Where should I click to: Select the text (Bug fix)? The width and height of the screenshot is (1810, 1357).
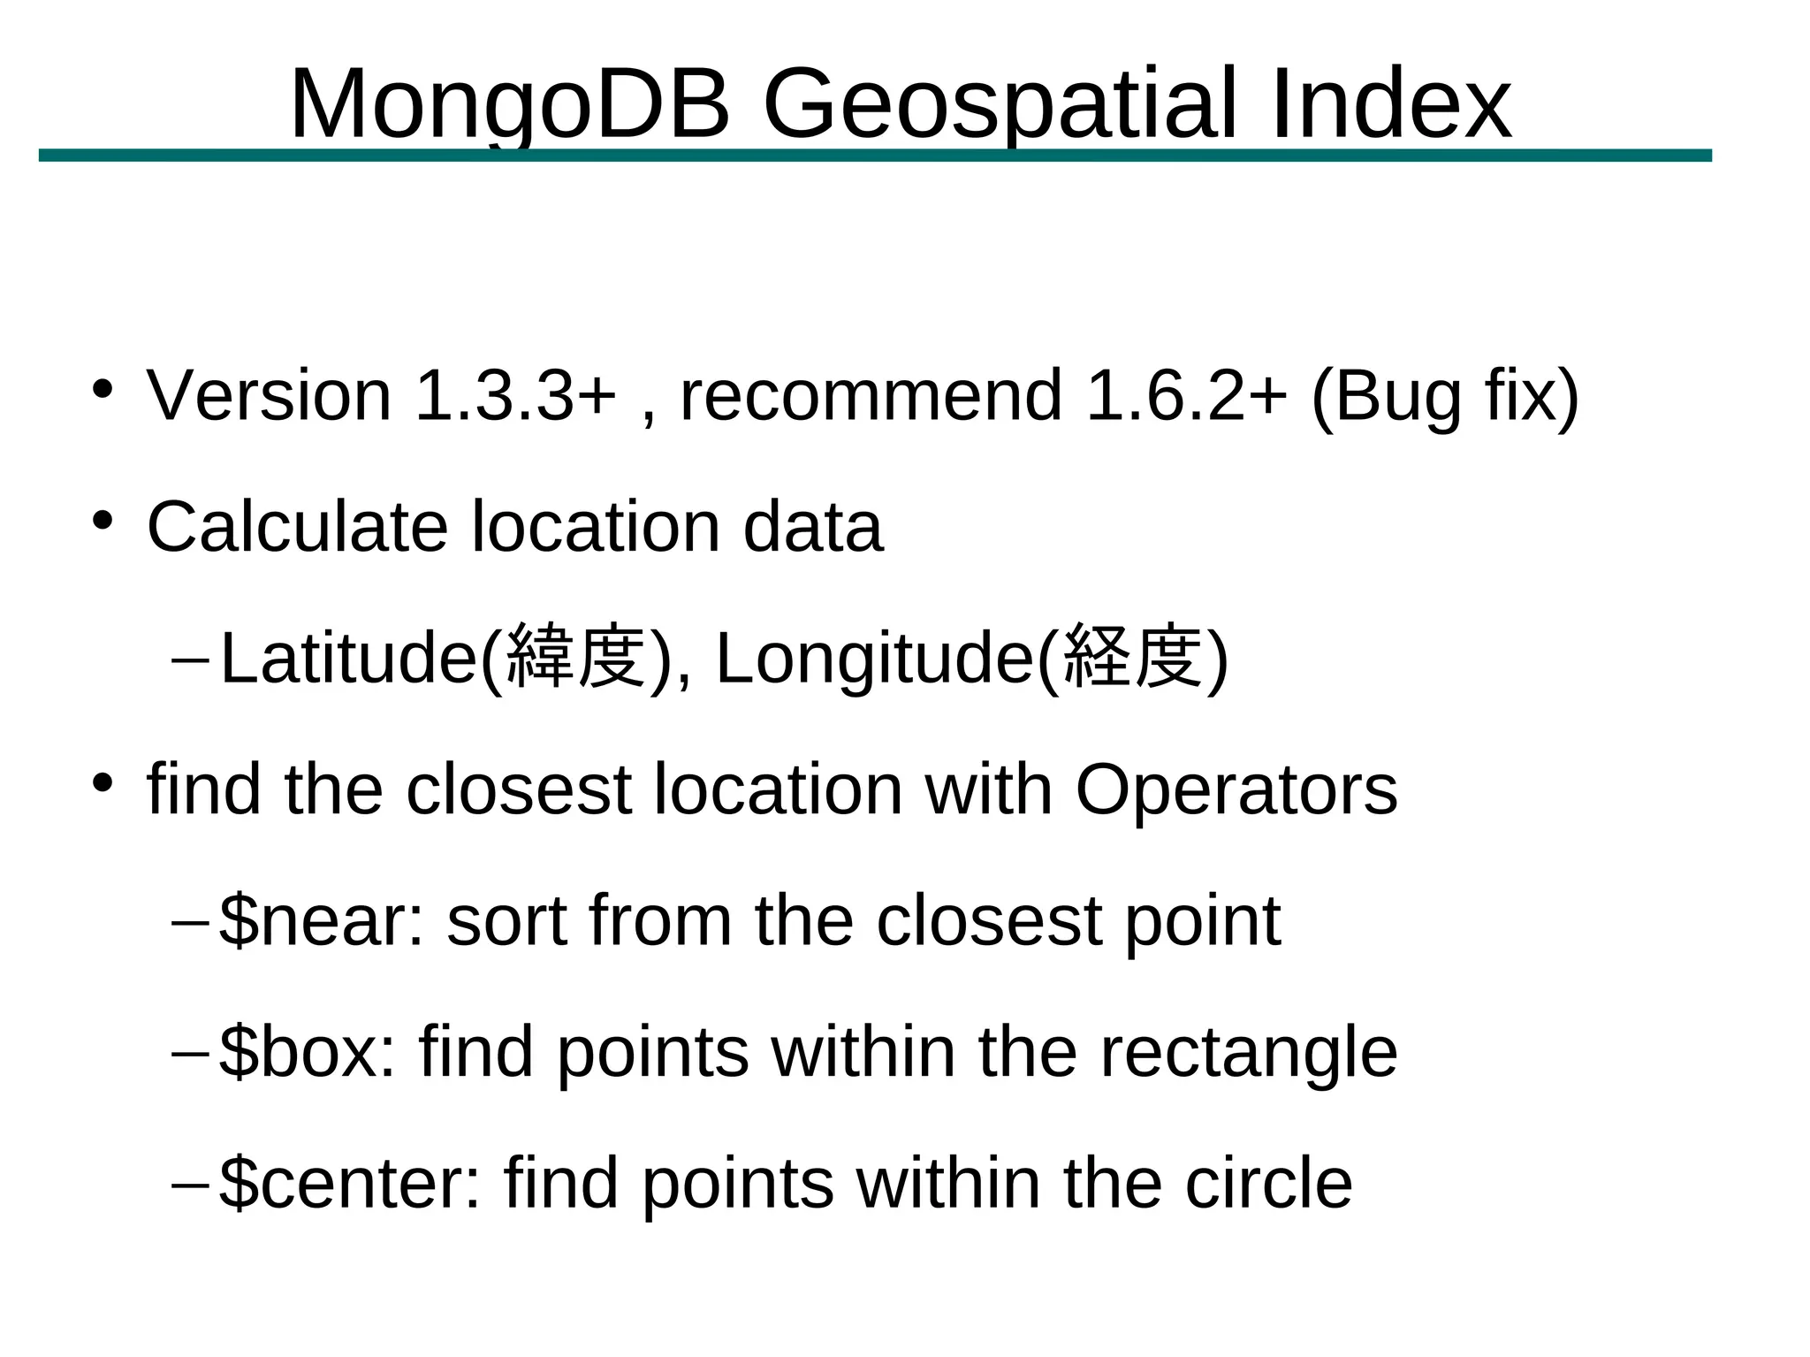coord(1444,396)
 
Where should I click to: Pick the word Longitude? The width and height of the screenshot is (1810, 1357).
coord(874,659)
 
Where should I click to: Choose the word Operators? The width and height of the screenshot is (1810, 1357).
coord(1236,789)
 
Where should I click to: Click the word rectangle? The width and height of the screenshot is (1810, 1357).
coord(1248,1053)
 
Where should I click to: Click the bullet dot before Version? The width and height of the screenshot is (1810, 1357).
coord(103,389)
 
